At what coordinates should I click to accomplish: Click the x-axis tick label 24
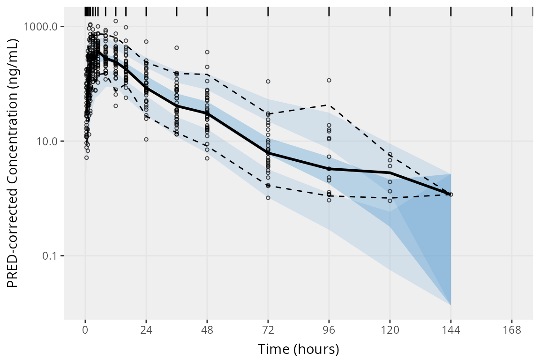point(146,330)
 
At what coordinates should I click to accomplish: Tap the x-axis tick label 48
point(207,330)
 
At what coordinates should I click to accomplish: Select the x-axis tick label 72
point(268,330)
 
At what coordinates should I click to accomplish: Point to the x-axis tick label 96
point(329,330)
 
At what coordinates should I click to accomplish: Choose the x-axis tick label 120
point(390,330)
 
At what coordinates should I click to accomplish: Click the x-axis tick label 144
point(451,330)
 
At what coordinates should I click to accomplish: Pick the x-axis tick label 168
point(512,330)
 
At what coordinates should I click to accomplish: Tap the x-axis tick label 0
point(85,330)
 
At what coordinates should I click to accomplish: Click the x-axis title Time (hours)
point(298,349)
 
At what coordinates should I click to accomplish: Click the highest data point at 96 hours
point(329,80)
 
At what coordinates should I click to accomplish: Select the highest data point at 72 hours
point(268,82)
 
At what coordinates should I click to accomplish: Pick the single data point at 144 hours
point(451,194)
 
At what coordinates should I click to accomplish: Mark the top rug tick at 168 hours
point(512,12)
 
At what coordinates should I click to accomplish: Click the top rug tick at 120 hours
point(390,12)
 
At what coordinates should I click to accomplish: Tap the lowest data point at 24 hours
point(146,139)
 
